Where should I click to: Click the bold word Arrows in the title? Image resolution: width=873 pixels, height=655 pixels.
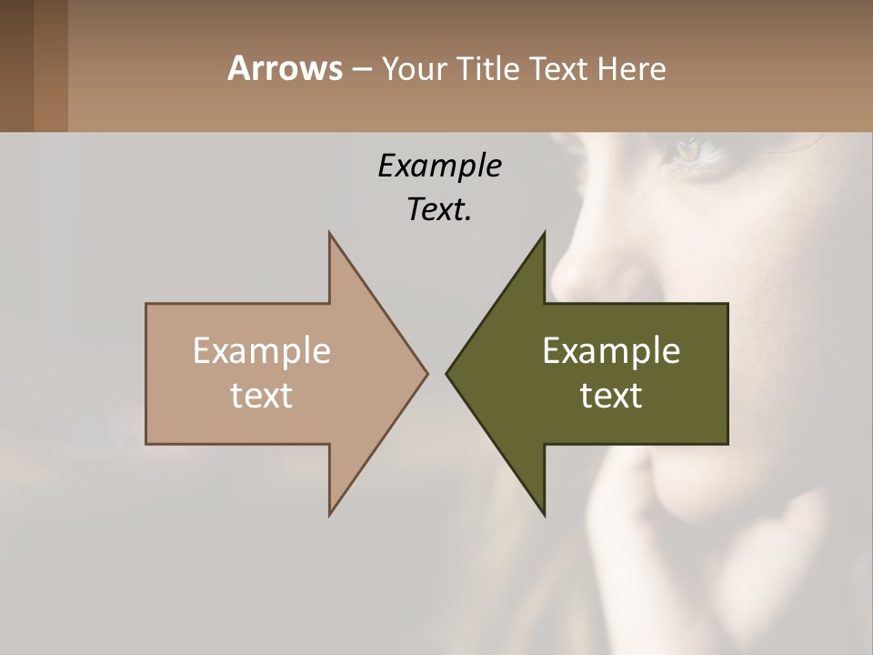[x=284, y=68]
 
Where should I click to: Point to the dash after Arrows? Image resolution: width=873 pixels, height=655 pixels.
[x=361, y=69]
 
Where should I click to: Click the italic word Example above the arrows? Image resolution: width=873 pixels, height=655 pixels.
[x=439, y=166]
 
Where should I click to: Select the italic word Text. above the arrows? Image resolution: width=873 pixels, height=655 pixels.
[x=439, y=209]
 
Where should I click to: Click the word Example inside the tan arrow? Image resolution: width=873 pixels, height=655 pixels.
[x=262, y=350]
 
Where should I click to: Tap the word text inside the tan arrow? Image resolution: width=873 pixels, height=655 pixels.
[x=262, y=395]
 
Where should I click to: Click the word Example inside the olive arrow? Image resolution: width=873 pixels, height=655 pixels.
[x=611, y=350]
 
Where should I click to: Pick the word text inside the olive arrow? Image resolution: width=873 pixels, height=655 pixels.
[x=611, y=395]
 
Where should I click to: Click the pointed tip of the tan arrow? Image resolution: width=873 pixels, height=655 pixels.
[x=426, y=373]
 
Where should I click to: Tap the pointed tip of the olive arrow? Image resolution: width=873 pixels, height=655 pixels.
[x=447, y=373]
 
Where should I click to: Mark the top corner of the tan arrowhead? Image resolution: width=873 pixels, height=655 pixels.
[x=329, y=233]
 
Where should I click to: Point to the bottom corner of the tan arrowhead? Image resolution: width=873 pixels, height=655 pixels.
[x=329, y=514]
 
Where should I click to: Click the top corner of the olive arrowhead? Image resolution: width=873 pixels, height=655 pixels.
[x=544, y=233]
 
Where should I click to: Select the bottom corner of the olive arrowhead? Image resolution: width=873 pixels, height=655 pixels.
[x=544, y=514]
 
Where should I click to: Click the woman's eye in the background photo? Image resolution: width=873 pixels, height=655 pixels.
[x=688, y=148]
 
